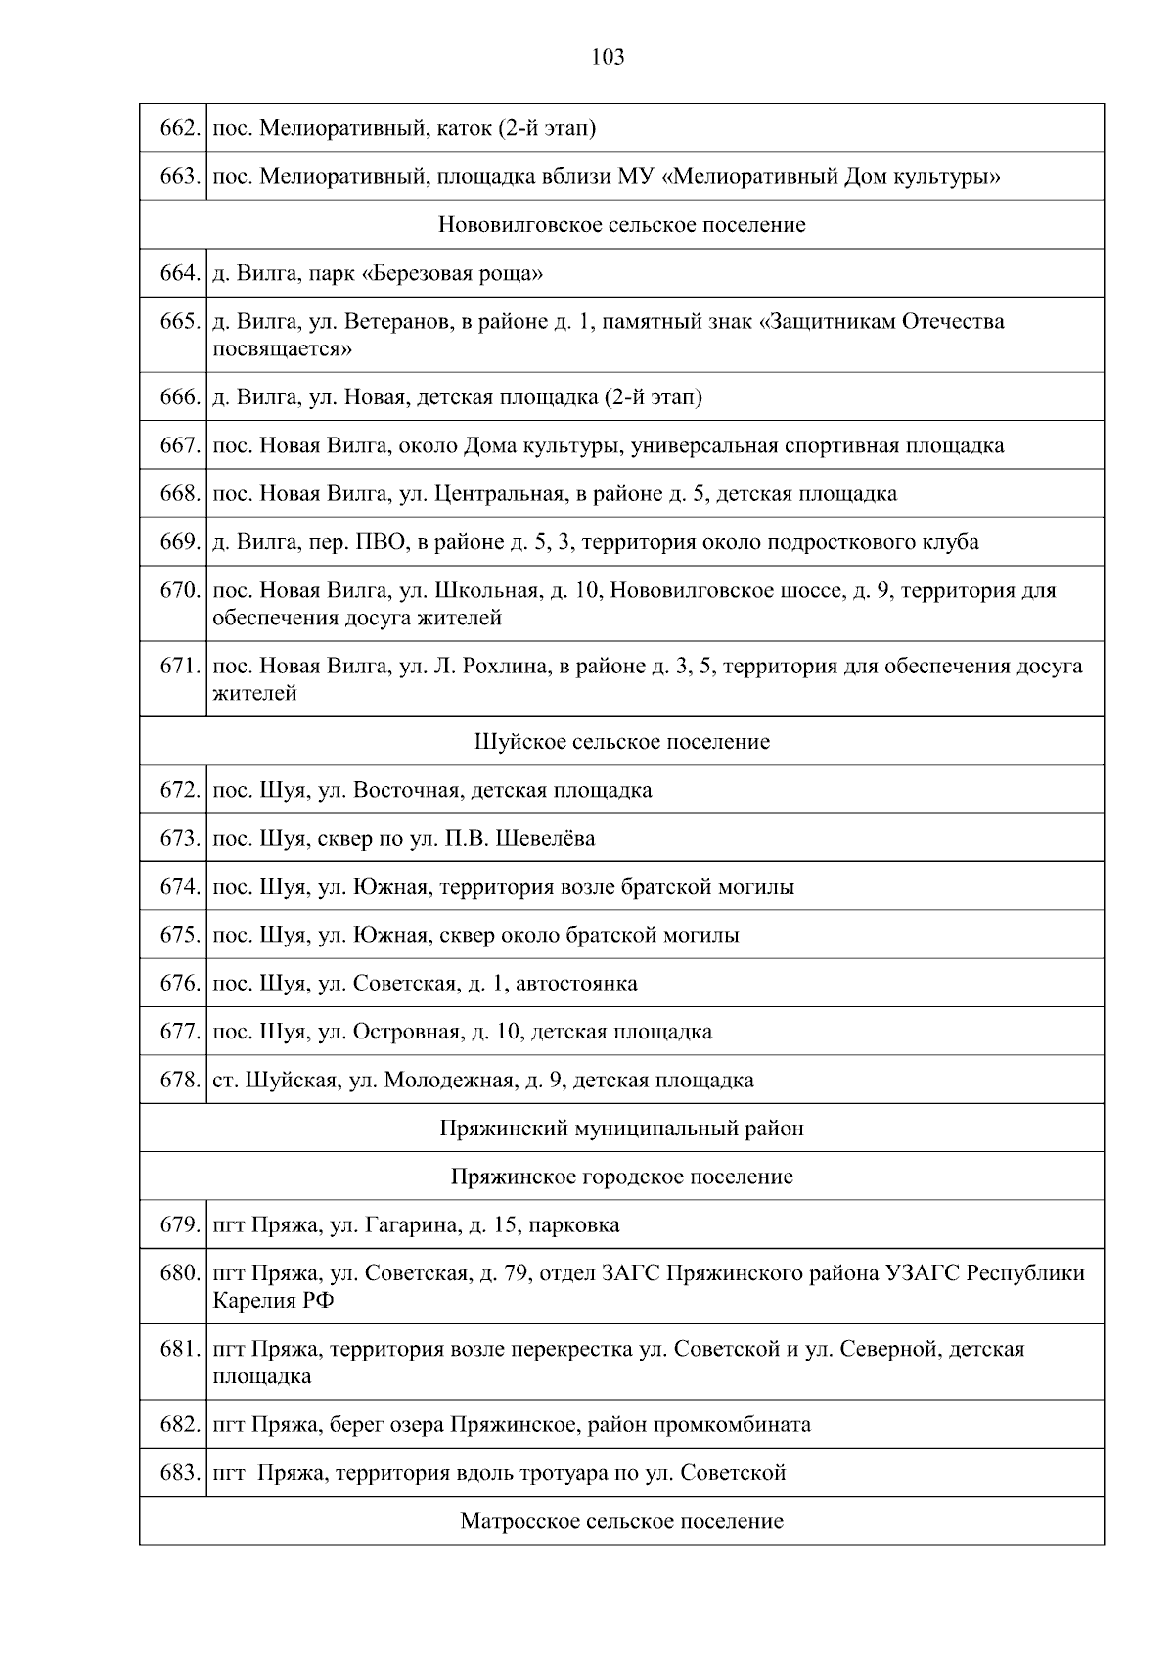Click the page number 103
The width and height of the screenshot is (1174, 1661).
(x=608, y=58)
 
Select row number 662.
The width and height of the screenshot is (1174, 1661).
(x=180, y=128)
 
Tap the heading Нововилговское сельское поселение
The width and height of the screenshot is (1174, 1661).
(x=621, y=225)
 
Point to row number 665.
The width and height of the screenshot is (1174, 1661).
(x=180, y=322)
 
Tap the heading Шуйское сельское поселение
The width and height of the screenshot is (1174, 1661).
(x=621, y=742)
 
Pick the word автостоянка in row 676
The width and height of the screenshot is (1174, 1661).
(x=576, y=984)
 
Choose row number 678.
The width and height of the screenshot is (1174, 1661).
(x=180, y=1081)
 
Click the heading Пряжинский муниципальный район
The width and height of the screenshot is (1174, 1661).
(x=621, y=1129)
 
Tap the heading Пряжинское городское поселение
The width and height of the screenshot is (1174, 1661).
(x=621, y=1177)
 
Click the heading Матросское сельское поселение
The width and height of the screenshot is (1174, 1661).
(x=621, y=1522)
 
